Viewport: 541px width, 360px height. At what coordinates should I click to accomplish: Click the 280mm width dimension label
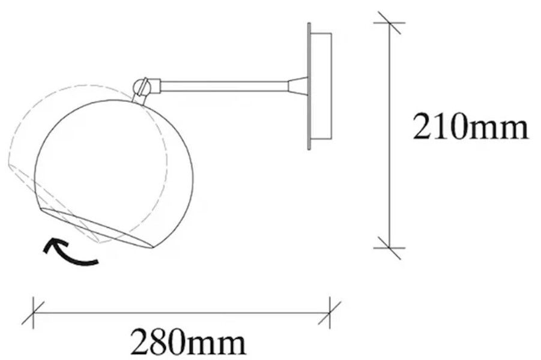tap(188, 342)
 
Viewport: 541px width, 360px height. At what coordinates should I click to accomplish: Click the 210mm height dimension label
tap(470, 127)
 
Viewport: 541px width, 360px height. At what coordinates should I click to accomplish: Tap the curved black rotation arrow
tap(69, 253)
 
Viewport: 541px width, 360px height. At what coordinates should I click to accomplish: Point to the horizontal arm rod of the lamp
tap(225, 86)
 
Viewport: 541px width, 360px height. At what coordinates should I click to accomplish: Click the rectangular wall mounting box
tap(321, 86)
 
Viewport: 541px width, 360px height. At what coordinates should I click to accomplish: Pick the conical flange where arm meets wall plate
tap(298, 86)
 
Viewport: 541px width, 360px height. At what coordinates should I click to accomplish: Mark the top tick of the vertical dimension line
tap(390, 23)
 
